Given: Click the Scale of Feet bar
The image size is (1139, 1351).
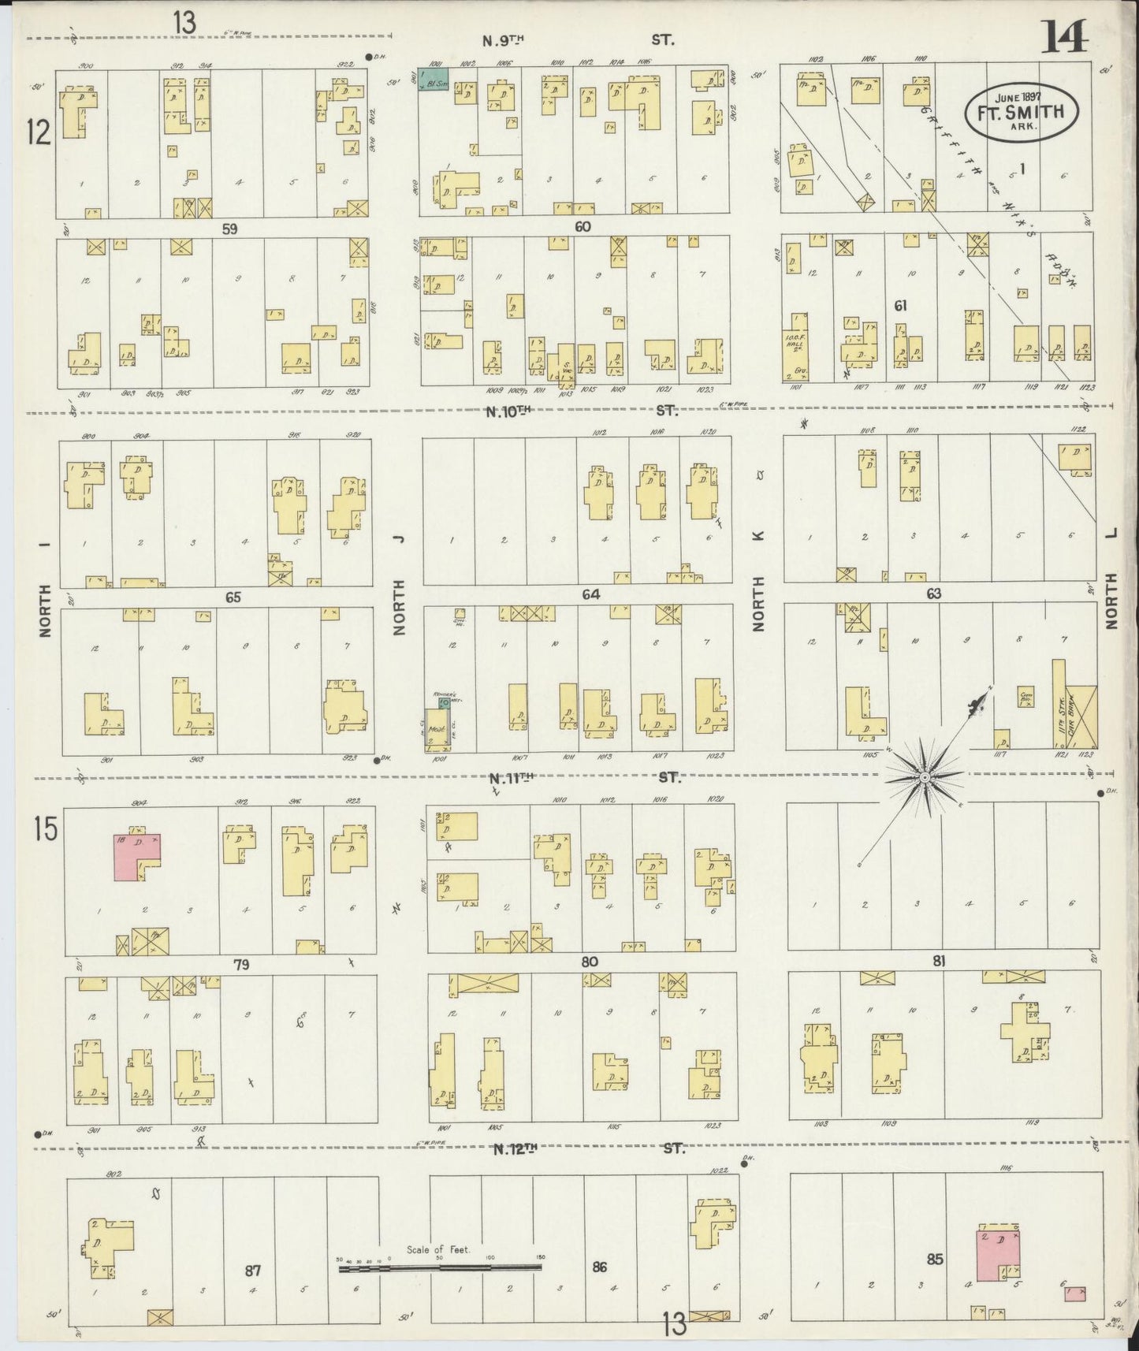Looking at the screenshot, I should point(439,1267).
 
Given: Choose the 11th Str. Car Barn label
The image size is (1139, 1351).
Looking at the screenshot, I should point(1063,709).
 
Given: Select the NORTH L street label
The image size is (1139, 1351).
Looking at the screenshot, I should point(1112,579).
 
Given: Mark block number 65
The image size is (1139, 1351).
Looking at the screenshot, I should point(233,597).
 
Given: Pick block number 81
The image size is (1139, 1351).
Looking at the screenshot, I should point(938,961).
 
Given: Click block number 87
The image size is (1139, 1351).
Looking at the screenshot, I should point(252,1270).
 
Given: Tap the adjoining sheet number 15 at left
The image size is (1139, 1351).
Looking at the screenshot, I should point(46,829).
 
